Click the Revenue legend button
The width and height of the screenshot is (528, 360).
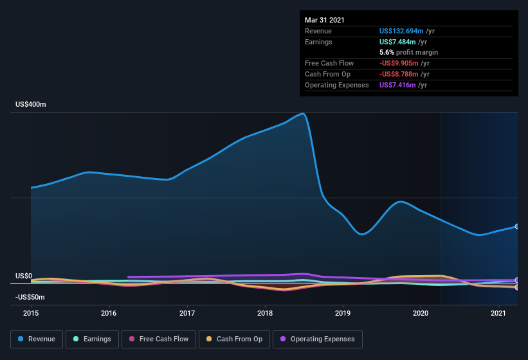point(37,339)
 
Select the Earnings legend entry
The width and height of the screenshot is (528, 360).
point(93,339)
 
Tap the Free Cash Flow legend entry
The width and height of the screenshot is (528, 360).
point(159,339)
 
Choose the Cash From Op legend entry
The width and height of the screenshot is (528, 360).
point(235,339)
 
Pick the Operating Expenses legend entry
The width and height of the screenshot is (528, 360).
point(318,339)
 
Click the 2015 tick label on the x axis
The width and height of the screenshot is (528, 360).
point(31,313)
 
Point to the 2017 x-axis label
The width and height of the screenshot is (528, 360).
point(187,313)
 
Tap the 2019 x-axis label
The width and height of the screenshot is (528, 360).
point(343,313)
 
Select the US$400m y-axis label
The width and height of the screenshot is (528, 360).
point(31,104)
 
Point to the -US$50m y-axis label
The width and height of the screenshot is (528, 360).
point(31,297)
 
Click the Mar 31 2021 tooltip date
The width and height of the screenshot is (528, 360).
point(325,20)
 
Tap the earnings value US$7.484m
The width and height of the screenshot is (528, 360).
point(401,42)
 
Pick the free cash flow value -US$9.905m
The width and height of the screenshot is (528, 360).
point(404,63)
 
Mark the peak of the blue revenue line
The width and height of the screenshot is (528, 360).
point(302,114)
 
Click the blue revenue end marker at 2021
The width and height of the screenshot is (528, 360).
point(517,226)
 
